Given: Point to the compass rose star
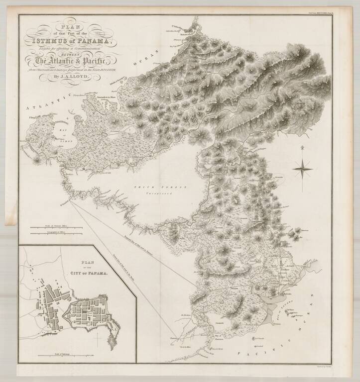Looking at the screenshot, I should click(302, 169).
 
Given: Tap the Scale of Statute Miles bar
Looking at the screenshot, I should click(49, 228).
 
